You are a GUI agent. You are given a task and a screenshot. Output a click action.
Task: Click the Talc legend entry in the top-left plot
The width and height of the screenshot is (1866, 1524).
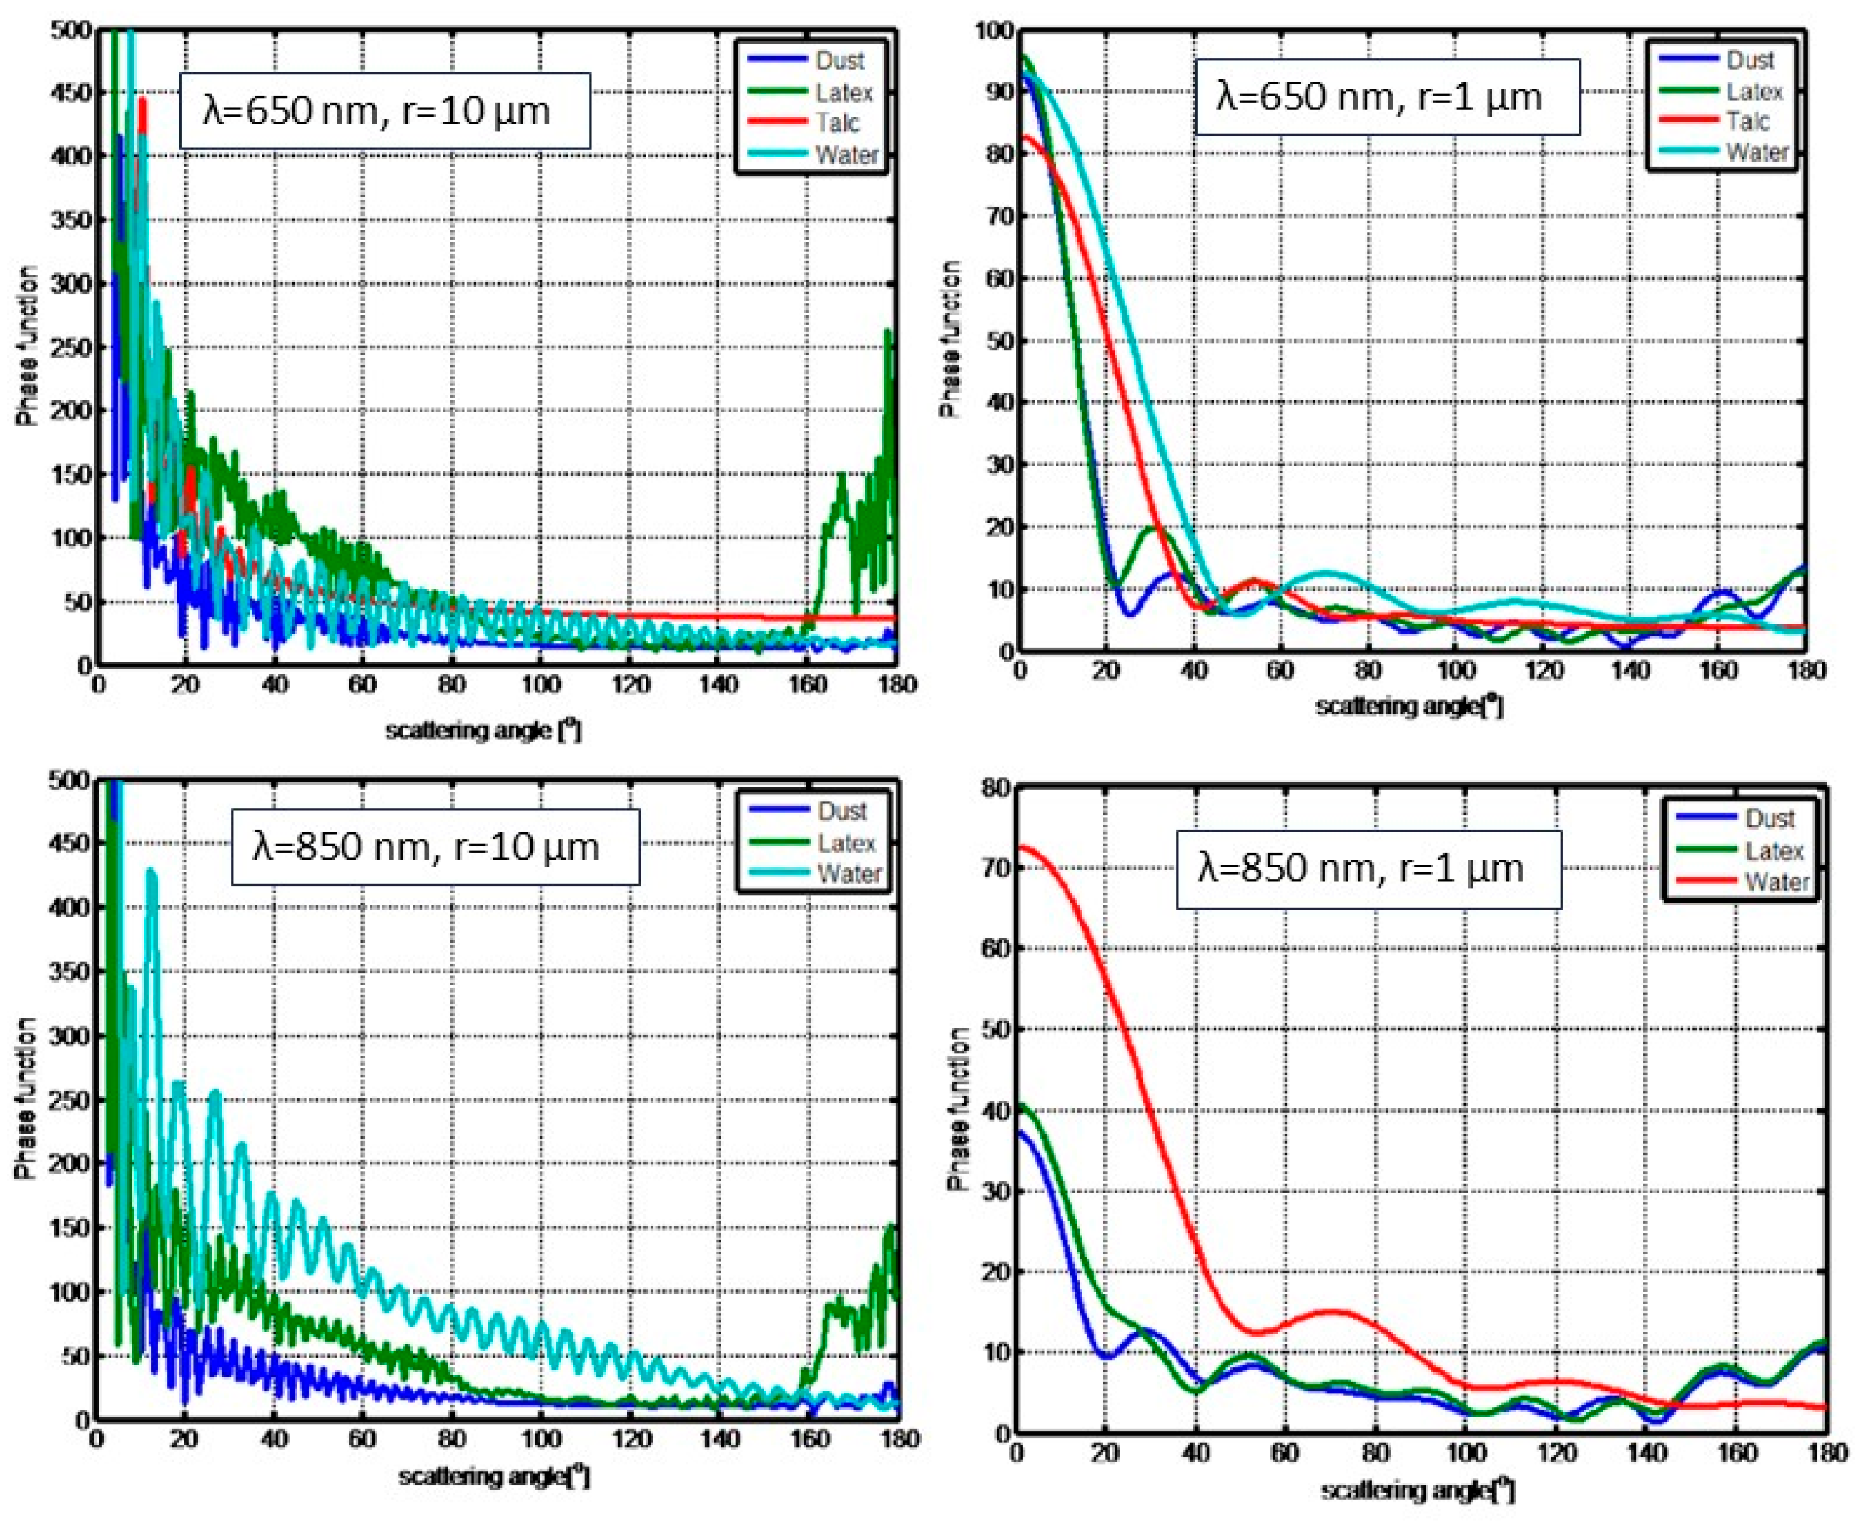[x=836, y=123]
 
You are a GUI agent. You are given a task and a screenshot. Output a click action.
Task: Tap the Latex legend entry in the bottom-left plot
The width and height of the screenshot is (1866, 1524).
[x=845, y=842]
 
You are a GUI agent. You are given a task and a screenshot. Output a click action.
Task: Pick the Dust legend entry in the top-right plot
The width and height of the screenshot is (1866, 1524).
[x=1749, y=59]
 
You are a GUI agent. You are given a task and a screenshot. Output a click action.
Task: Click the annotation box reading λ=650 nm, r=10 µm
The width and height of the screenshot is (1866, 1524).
[x=385, y=111]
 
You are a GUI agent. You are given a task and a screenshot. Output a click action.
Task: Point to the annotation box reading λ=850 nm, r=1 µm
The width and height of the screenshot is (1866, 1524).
[x=1368, y=868]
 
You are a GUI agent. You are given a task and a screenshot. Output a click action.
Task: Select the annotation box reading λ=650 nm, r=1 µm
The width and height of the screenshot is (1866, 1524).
[x=1387, y=97]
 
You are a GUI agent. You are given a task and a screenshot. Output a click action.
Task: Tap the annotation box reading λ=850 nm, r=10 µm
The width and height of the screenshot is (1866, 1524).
[x=435, y=846]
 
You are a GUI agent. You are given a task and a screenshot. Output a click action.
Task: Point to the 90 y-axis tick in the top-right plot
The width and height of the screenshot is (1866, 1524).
[x=998, y=92]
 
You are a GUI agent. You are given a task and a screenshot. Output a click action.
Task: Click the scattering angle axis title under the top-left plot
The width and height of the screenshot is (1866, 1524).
[x=483, y=729]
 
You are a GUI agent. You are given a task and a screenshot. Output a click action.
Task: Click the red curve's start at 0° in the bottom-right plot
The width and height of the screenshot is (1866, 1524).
[x=1020, y=848]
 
